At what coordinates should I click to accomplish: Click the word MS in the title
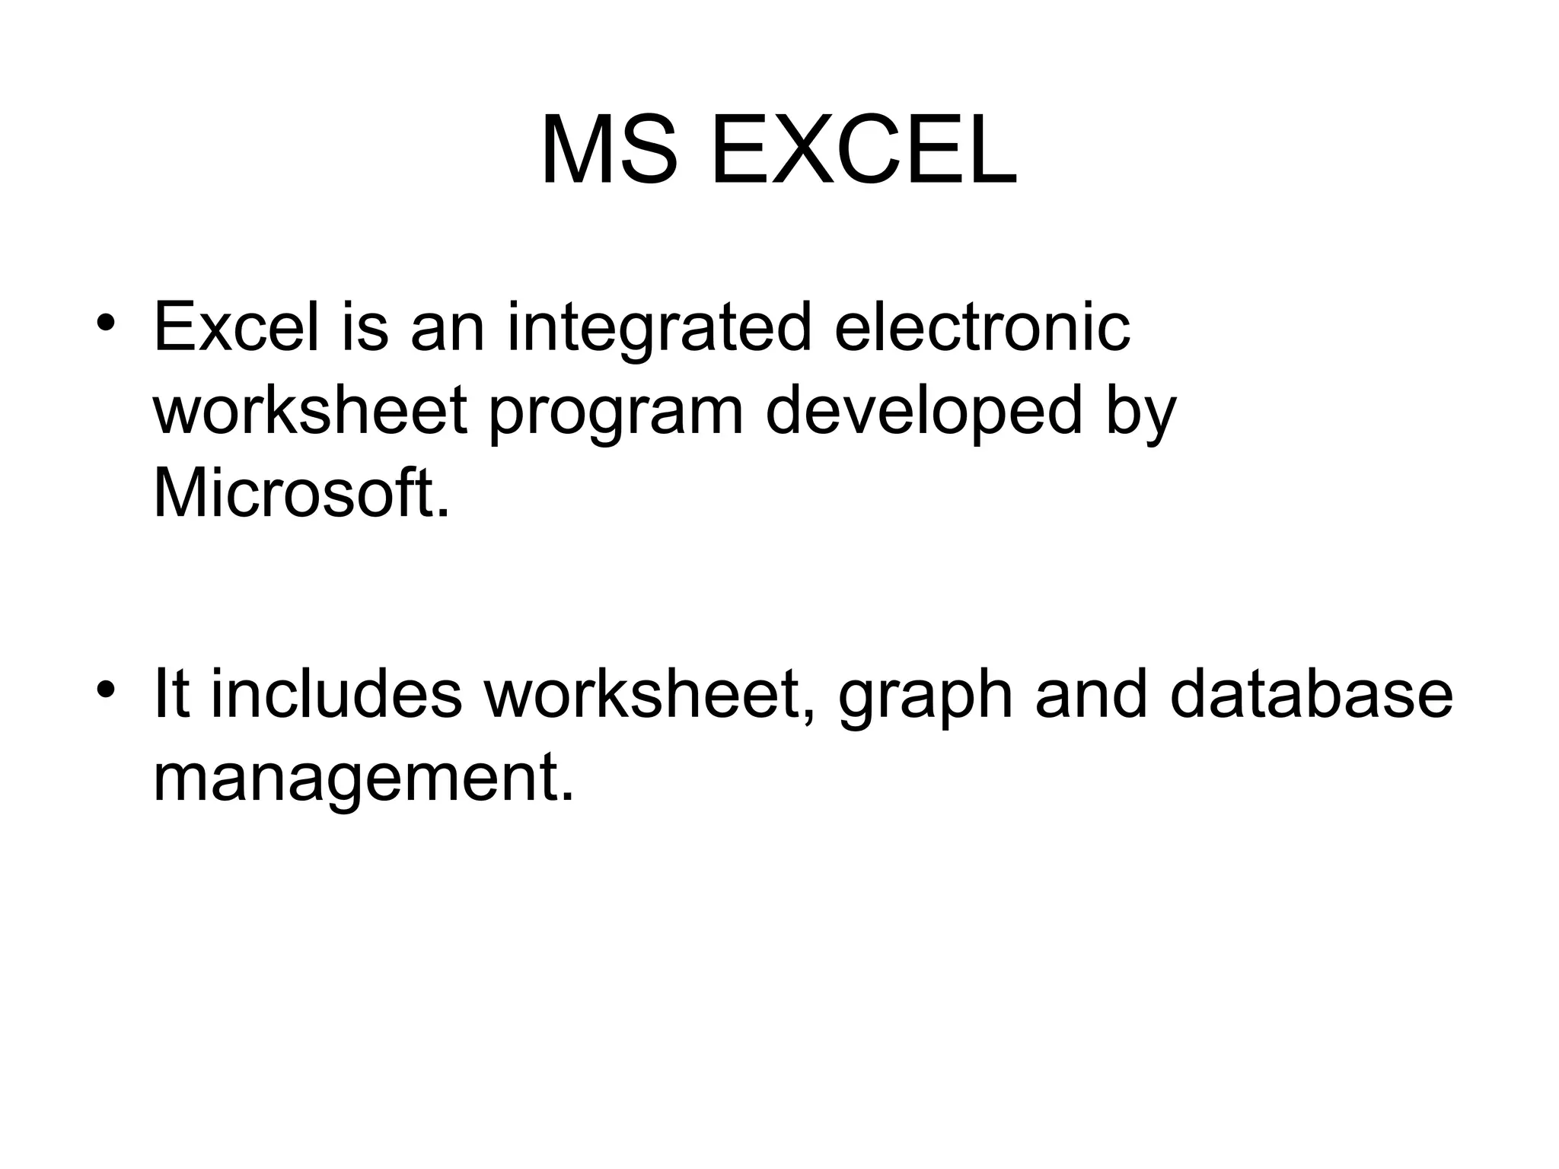pos(609,151)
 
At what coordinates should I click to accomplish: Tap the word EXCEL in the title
pos(863,151)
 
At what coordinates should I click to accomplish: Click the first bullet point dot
pos(106,321)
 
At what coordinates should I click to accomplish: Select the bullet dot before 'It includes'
pos(106,689)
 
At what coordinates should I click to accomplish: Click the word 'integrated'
pos(659,329)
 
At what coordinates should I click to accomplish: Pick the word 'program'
pos(615,412)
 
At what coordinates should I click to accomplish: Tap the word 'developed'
pos(923,412)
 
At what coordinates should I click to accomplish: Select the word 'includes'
pos(336,694)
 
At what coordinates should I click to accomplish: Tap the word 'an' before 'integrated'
pos(447,329)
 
